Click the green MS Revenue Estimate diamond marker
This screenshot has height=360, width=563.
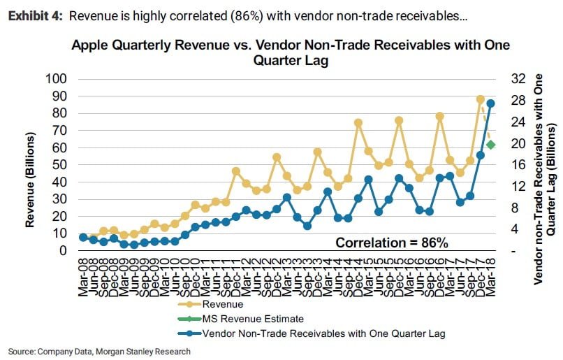(x=490, y=145)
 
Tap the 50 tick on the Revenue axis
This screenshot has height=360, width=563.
(x=59, y=164)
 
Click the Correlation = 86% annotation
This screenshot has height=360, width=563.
(x=392, y=243)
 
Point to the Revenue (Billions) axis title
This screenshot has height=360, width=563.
(x=31, y=165)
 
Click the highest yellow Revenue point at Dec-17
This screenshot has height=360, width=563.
(x=481, y=99)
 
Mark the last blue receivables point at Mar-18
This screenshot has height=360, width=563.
(x=491, y=103)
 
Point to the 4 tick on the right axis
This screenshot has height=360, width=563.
(x=514, y=229)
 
